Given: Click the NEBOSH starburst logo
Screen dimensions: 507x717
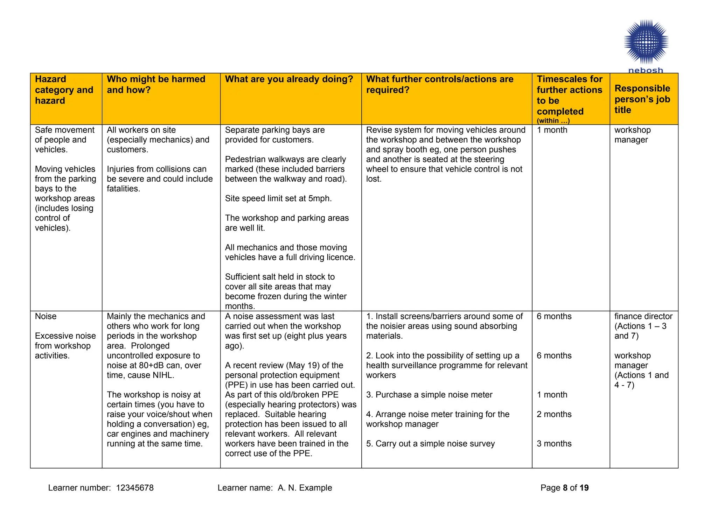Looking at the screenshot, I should pos(646,42).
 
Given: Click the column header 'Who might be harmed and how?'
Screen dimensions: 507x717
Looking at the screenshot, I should pos(156,84).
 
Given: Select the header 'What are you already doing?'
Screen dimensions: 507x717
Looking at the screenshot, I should pos(289,79).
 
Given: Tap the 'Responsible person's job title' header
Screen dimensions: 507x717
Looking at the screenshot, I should pos(642,99).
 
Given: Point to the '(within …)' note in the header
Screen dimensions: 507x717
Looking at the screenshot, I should pos(553,121).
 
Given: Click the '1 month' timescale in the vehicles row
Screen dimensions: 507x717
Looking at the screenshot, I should pos(552,130).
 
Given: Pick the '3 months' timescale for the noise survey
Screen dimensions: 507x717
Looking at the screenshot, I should pos(554,444).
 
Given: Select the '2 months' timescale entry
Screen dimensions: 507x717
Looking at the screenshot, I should pos(554,414).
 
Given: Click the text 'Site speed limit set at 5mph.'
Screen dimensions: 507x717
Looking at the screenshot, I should pos(278,199).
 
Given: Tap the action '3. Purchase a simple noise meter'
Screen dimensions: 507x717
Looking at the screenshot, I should pos(429,395).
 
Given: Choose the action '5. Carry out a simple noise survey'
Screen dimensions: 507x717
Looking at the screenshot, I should pos(430,444).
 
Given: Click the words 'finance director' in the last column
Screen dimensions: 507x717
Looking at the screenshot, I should pos(643,316).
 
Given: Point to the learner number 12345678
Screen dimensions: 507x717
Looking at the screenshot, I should pos(135,488).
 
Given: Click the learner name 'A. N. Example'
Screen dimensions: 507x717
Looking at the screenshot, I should pos(305,488).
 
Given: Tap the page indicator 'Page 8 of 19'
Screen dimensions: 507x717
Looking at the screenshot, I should pos(564,488).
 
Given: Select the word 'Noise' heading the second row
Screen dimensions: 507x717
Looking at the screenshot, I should pos(46,316).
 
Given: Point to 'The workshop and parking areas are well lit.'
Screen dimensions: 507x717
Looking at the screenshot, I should pos(287,223).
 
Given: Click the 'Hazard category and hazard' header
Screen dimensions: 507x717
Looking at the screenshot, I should pos(64,90).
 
